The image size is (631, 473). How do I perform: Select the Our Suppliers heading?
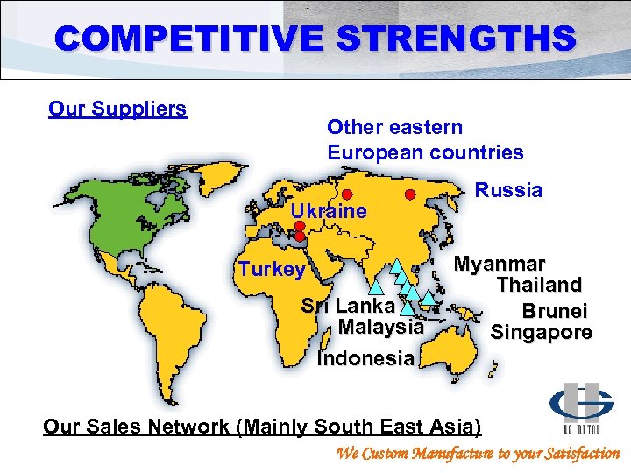point(117,109)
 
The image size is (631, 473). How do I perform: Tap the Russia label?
point(508,190)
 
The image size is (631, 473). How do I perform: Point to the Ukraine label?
point(329,211)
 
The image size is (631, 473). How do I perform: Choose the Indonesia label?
point(365,358)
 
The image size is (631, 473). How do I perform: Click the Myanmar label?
point(499,264)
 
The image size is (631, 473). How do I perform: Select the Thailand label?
point(539,285)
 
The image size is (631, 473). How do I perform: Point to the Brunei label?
point(555,311)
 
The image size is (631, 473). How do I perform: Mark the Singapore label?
point(541,332)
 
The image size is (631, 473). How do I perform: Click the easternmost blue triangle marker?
point(428,296)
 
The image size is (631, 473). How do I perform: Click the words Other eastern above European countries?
point(394,127)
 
